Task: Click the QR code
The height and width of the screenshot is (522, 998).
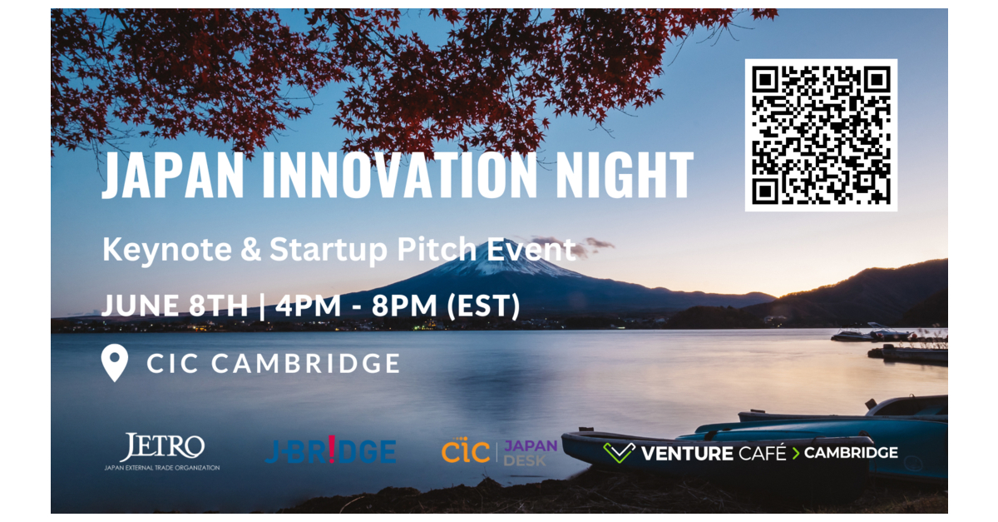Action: click(821, 135)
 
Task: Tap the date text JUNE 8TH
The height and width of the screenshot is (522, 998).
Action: click(175, 306)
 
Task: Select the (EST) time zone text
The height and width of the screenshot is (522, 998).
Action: click(483, 306)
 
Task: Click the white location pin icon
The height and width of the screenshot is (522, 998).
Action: click(114, 364)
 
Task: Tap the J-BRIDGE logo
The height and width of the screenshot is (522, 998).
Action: click(330, 452)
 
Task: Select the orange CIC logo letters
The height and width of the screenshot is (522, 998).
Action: click(466, 452)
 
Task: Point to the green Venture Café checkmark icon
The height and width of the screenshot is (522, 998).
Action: click(619, 453)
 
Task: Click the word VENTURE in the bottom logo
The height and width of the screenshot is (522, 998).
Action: click(685, 453)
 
